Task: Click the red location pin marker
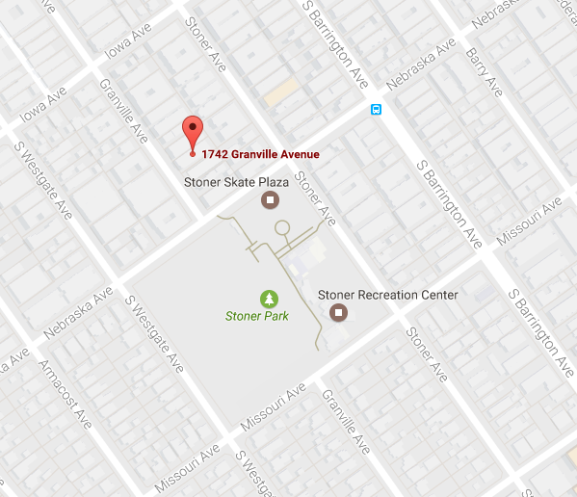(x=193, y=132)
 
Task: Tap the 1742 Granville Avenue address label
(x=260, y=154)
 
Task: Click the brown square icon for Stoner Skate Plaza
(x=271, y=200)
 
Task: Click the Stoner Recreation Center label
(x=387, y=295)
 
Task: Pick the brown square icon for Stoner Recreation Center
(x=338, y=312)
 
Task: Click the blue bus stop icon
(x=377, y=109)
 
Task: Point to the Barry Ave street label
(x=484, y=72)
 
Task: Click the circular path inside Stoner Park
(x=281, y=228)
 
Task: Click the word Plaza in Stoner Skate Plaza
(x=277, y=181)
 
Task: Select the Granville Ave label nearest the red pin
(x=123, y=111)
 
